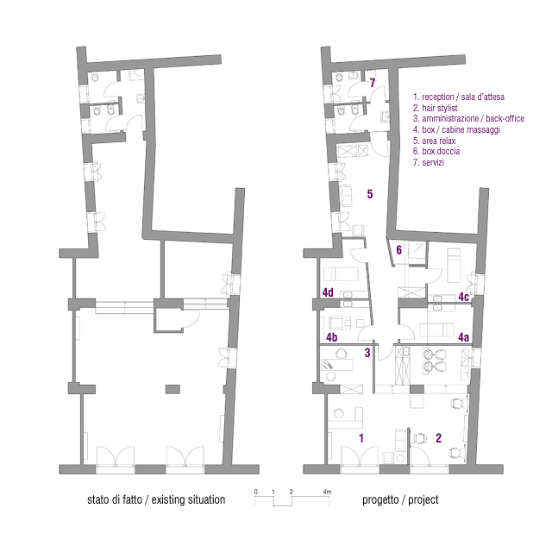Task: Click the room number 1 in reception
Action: [361, 438]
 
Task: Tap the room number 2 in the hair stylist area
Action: [438, 438]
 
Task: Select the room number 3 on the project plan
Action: [367, 352]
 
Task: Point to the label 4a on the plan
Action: [463, 338]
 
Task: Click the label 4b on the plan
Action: [330, 337]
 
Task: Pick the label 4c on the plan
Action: [463, 298]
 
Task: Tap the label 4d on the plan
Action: [329, 292]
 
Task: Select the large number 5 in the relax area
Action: [369, 194]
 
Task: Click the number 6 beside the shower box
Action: [398, 250]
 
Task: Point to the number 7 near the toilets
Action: [373, 84]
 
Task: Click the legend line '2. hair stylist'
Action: [435, 108]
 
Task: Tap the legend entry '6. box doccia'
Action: [436, 151]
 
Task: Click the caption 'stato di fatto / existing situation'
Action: [156, 500]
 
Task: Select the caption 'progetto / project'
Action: [399, 500]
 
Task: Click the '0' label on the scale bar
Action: [256, 492]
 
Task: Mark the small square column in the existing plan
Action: [171, 388]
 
